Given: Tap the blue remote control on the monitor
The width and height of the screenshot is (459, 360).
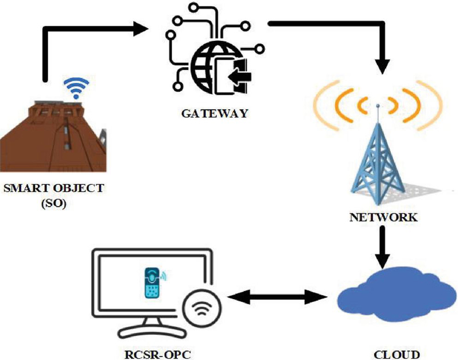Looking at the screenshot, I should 151,282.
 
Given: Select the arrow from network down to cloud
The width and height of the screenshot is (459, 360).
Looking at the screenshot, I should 382,247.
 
